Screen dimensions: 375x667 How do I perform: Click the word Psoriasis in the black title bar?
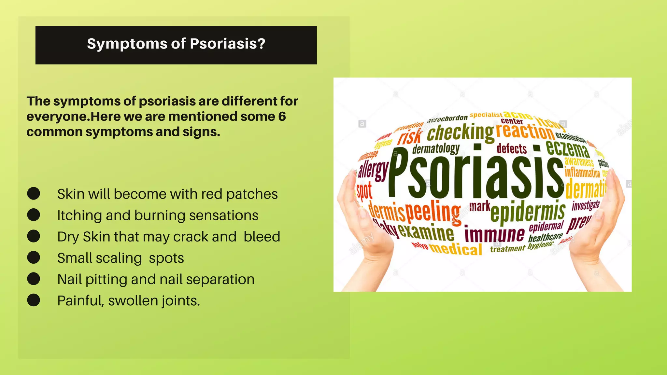pos(227,44)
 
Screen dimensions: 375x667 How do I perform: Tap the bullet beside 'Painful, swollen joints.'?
pos(34,300)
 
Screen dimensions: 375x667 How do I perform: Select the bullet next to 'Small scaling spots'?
pos(34,257)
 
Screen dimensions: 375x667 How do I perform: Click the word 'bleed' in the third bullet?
pos(262,237)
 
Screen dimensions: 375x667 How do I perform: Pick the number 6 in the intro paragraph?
pos(282,117)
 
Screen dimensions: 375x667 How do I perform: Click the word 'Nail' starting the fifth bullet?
pos(69,279)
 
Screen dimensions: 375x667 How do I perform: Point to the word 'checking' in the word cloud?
pos(460,133)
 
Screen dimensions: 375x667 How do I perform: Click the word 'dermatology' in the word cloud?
pos(436,149)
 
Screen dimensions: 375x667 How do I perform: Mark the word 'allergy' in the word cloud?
pos(373,170)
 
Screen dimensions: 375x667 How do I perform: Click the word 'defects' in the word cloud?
pos(512,149)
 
